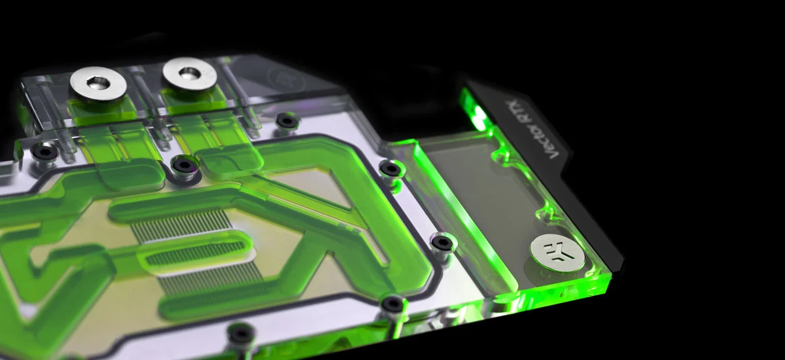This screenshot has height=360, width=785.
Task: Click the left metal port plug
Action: (x=98, y=85)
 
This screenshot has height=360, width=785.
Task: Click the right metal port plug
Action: (x=189, y=75)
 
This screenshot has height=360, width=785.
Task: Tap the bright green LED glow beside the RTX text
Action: (x=478, y=112)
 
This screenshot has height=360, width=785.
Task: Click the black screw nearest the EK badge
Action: (x=442, y=243)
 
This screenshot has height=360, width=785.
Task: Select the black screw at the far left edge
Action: (x=44, y=153)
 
